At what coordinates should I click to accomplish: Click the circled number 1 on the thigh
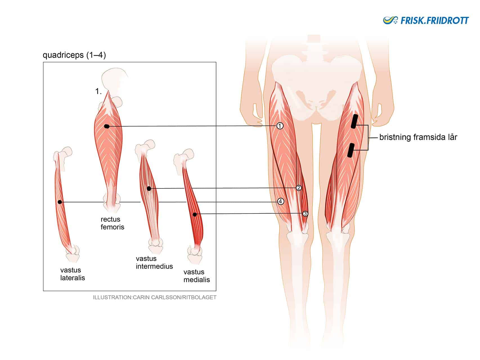tap(280, 126)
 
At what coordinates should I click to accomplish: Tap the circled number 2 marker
tap(299, 188)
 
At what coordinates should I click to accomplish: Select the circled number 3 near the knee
tap(305, 214)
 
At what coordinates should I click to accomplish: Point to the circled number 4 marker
tap(281, 201)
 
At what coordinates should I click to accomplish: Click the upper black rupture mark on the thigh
tap(354, 121)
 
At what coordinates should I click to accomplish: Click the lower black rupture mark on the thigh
tap(351, 150)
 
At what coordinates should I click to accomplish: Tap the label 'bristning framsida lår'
tap(418, 137)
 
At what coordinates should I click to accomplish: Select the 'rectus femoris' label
tap(112, 223)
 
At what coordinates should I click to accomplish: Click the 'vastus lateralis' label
tap(73, 274)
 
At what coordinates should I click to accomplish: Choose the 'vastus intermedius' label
tap(154, 262)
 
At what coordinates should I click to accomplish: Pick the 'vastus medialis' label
tap(197, 276)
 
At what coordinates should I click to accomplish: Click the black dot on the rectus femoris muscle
tap(107, 127)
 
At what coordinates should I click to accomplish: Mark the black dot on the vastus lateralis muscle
tap(60, 202)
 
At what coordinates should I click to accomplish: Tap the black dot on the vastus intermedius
tap(149, 189)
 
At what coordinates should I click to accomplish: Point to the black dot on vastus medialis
tap(195, 215)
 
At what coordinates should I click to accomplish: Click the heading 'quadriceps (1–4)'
tap(74, 55)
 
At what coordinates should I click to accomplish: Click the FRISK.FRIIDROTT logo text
tap(435, 21)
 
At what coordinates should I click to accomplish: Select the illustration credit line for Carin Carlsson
tap(155, 297)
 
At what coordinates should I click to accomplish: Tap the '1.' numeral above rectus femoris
tap(98, 91)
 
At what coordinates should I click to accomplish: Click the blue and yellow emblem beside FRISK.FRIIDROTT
tap(391, 20)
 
